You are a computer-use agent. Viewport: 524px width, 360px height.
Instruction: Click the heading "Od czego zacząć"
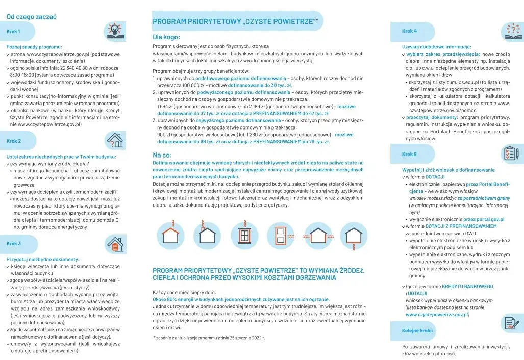pos(31,17)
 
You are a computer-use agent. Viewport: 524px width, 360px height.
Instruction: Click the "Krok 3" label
pos(14,243)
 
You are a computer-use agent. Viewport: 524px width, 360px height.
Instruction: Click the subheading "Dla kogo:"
pos(166,37)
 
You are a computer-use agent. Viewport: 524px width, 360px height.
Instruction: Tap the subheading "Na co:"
pos(162,155)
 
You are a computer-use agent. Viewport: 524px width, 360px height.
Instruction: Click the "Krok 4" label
pos(409,31)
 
